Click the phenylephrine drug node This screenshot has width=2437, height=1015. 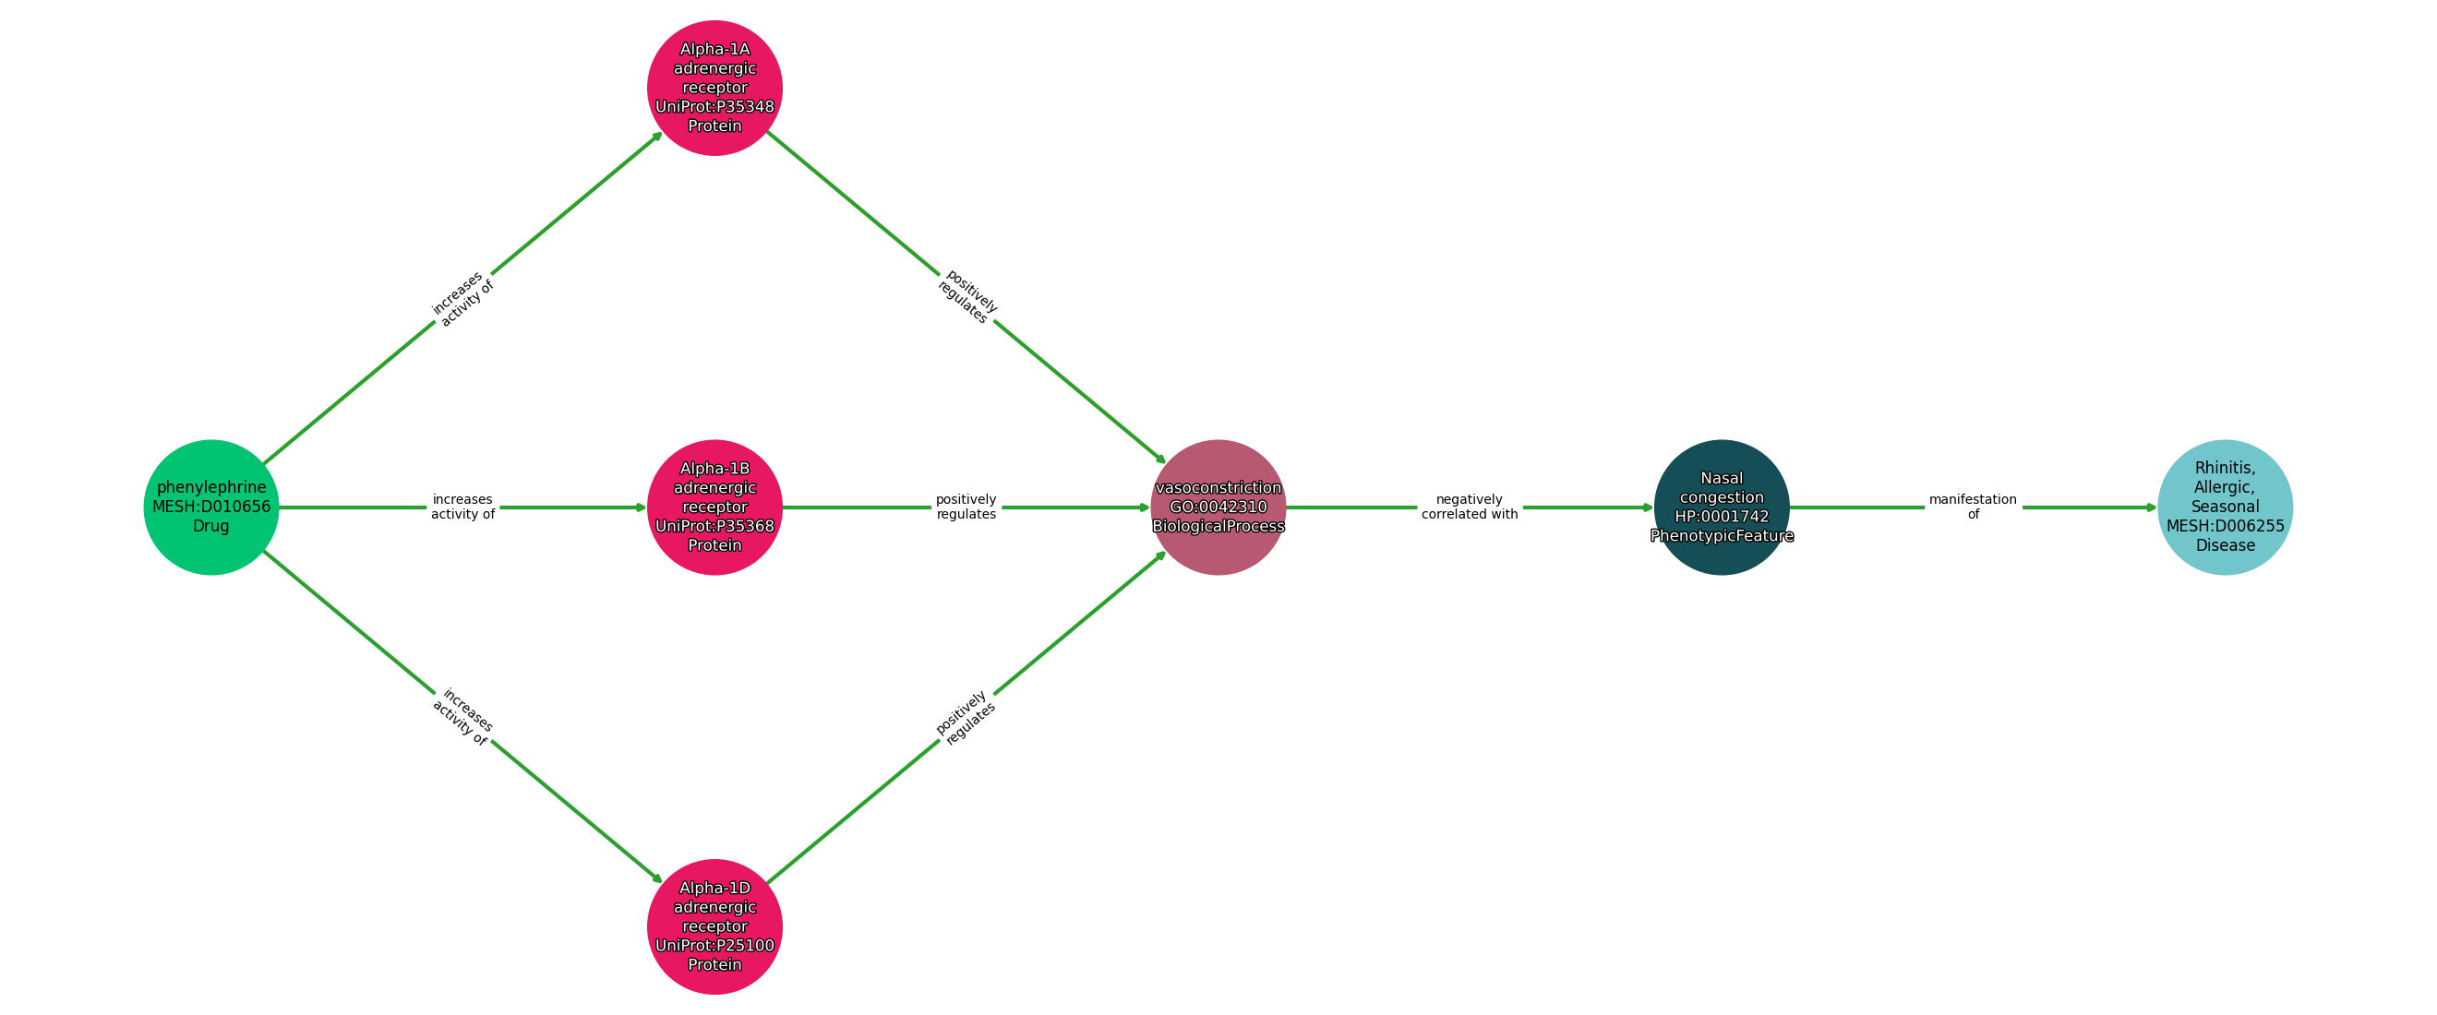click(211, 507)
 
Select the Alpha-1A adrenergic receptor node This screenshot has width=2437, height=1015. click(714, 87)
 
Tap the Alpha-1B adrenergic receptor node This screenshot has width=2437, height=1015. click(714, 507)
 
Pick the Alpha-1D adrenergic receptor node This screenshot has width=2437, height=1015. click(714, 926)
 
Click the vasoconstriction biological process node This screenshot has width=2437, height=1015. click(1218, 507)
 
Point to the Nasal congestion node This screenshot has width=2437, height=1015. click(1721, 507)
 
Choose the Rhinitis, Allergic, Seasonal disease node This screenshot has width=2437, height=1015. click(2224, 507)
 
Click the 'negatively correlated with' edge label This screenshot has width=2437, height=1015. click(1470, 507)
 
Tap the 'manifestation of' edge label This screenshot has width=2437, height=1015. click(1973, 507)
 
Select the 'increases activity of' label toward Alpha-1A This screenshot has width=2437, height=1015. click(462, 298)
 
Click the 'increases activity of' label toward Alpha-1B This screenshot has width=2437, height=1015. click(462, 507)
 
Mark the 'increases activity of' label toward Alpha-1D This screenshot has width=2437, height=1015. click(462, 717)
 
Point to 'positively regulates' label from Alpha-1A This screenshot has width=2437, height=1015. click(966, 297)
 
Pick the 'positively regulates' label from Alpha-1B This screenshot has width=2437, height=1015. click(966, 507)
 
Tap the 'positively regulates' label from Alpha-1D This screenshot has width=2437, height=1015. click(966, 717)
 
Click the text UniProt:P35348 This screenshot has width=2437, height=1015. click(714, 107)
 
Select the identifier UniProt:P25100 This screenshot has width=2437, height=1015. click(714, 945)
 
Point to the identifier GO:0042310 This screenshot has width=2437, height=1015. click(1218, 507)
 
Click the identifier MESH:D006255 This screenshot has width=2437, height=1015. click(2224, 526)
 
